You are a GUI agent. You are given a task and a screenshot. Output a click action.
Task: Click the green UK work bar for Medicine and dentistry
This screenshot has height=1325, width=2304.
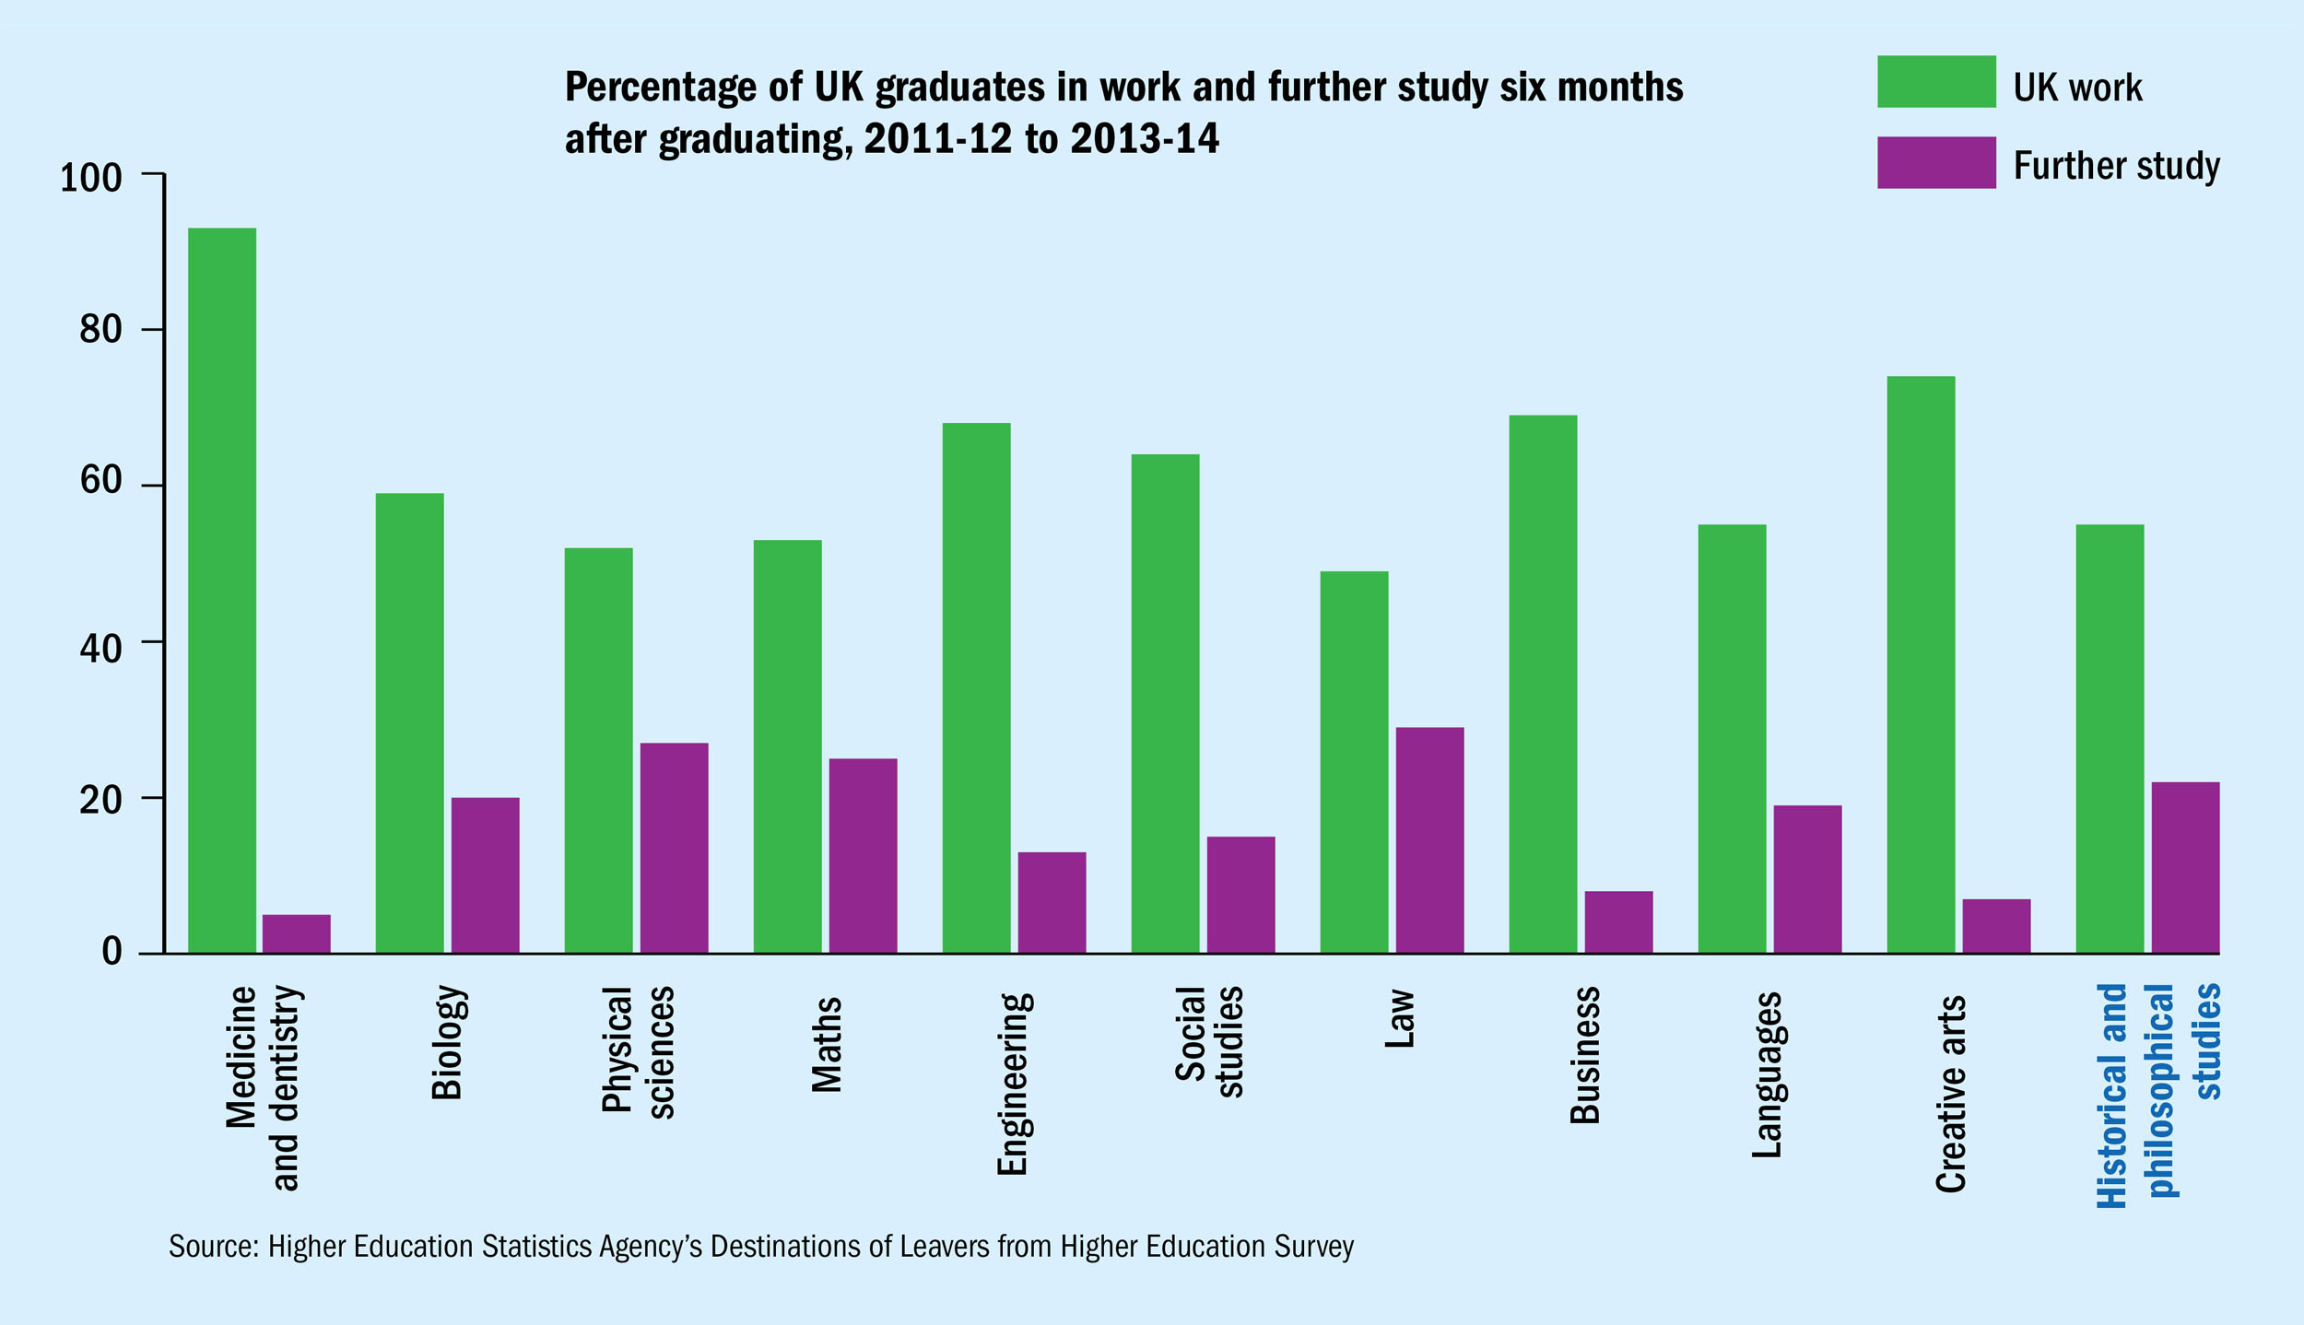tap(222, 590)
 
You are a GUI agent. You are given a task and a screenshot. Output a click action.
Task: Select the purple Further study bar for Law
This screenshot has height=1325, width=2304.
tap(1429, 839)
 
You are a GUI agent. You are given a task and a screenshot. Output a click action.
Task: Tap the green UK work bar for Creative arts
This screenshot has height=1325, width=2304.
tap(1921, 664)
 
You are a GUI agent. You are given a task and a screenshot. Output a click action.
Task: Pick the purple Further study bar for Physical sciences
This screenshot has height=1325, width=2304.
tap(674, 848)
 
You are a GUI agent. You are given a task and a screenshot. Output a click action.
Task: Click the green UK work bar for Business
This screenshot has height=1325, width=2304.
tap(1543, 684)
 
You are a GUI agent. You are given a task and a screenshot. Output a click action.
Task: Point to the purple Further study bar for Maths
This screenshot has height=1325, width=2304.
tap(863, 855)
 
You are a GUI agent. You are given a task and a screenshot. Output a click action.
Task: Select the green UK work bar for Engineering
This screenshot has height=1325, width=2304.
tap(976, 687)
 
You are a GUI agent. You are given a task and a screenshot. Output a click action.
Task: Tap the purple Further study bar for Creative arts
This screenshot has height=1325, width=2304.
tap(1996, 925)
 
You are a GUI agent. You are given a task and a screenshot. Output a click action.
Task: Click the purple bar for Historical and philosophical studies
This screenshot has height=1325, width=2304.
tap(2185, 867)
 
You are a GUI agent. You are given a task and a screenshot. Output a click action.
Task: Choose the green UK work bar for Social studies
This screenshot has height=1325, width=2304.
tap(1165, 703)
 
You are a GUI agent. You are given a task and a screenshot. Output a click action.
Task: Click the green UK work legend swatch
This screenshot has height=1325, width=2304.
tap(1936, 82)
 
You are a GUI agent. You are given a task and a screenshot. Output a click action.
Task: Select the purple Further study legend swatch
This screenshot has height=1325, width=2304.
tap(1936, 163)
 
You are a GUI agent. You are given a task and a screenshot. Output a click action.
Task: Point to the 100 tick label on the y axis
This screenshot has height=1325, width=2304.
tap(90, 178)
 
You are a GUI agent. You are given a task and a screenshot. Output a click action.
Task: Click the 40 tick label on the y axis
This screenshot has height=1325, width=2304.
tap(100, 650)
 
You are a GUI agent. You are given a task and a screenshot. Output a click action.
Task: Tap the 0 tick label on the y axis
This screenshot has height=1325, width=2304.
tap(112, 951)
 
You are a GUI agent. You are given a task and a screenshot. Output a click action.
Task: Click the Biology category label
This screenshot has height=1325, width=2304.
tap(447, 1043)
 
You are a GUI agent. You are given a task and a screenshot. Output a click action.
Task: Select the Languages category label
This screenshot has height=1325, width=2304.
tap(1767, 1075)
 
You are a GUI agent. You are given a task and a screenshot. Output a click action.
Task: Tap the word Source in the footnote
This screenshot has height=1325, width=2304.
tap(212, 1247)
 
